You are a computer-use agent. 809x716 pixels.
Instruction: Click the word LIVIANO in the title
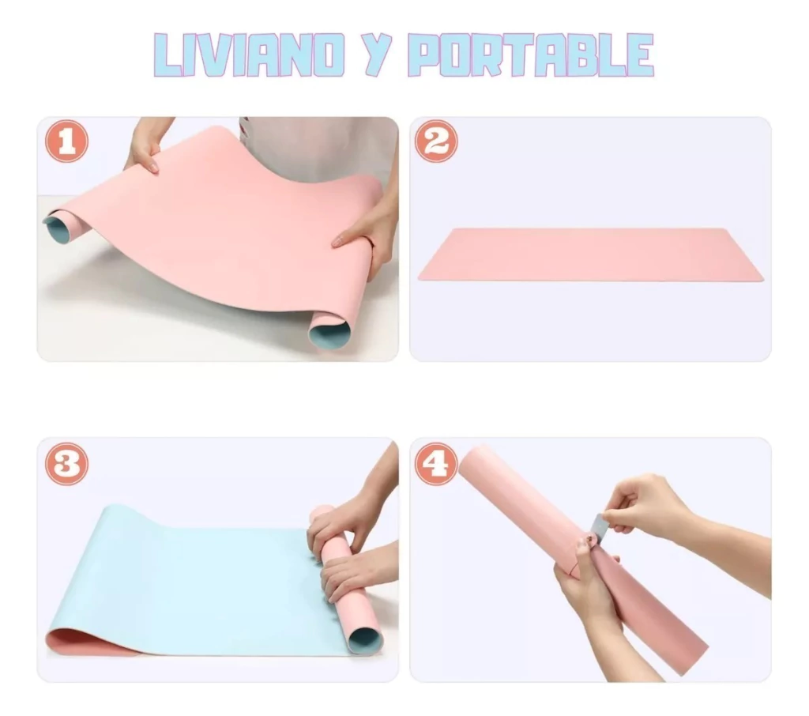pyautogui.click(x=249, y=55)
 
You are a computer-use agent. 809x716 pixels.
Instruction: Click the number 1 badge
pyautogui.click(x=66, y=141)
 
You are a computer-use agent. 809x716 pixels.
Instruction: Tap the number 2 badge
pyautogui.click(x=436, y=141)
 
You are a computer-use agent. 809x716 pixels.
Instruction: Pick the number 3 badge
pyautogui.click(x=66, y=464)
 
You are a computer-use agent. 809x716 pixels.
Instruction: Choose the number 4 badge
pyautogui.click(x=436, y=464)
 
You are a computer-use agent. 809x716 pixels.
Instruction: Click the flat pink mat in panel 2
pyautogui.click(x=590, y=254)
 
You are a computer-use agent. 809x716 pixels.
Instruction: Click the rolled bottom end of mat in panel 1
pyautogui.click(x=329, y=330)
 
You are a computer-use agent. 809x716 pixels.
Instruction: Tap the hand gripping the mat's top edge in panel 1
pyautogui.click(x=146, y=145)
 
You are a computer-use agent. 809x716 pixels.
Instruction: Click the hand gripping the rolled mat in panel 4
pyautogui.click(x=585, y=581)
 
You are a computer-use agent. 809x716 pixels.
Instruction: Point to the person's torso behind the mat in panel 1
pyautogui.click(x=320, y=147)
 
